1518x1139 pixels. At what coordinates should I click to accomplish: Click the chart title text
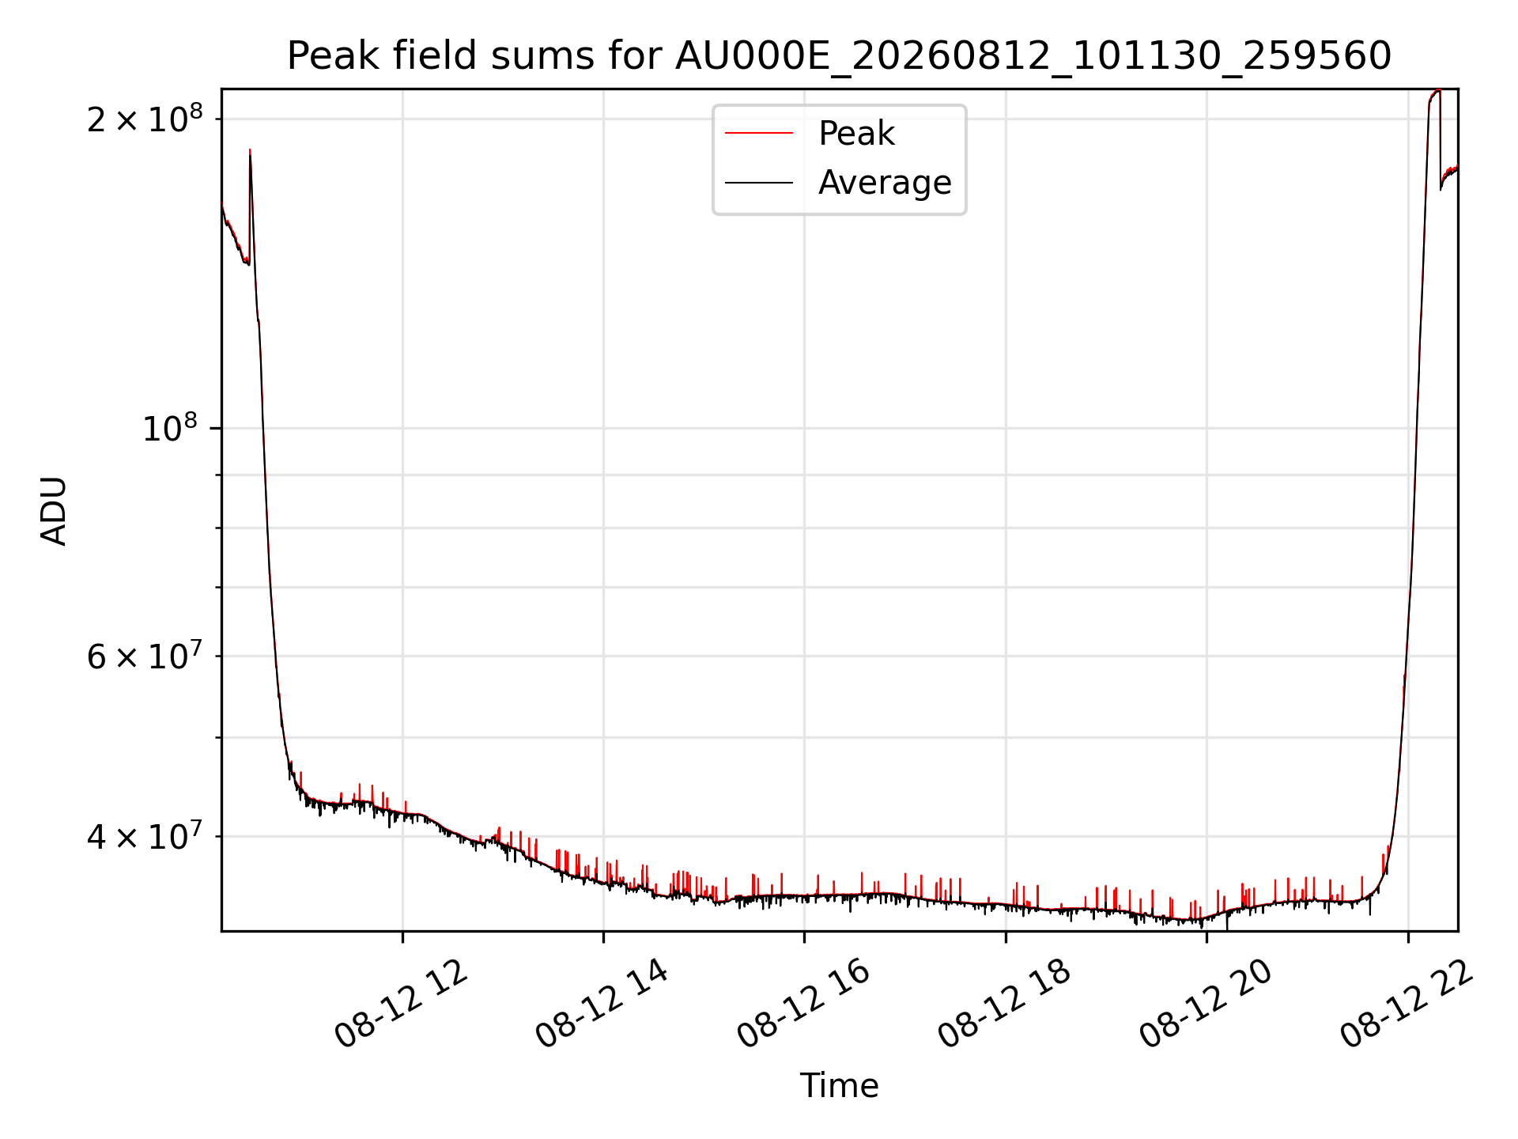839,56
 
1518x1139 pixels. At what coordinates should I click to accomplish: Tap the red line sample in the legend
759,134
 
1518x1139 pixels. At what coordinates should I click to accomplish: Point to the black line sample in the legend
759,183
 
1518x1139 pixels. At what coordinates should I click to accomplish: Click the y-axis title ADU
54,510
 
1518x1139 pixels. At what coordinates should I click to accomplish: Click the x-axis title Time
839,1086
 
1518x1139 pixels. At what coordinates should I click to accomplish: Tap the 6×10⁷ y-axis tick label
145,655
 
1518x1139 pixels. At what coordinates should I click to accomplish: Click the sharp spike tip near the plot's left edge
250,149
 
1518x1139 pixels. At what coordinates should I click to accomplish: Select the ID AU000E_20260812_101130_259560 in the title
1033,57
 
